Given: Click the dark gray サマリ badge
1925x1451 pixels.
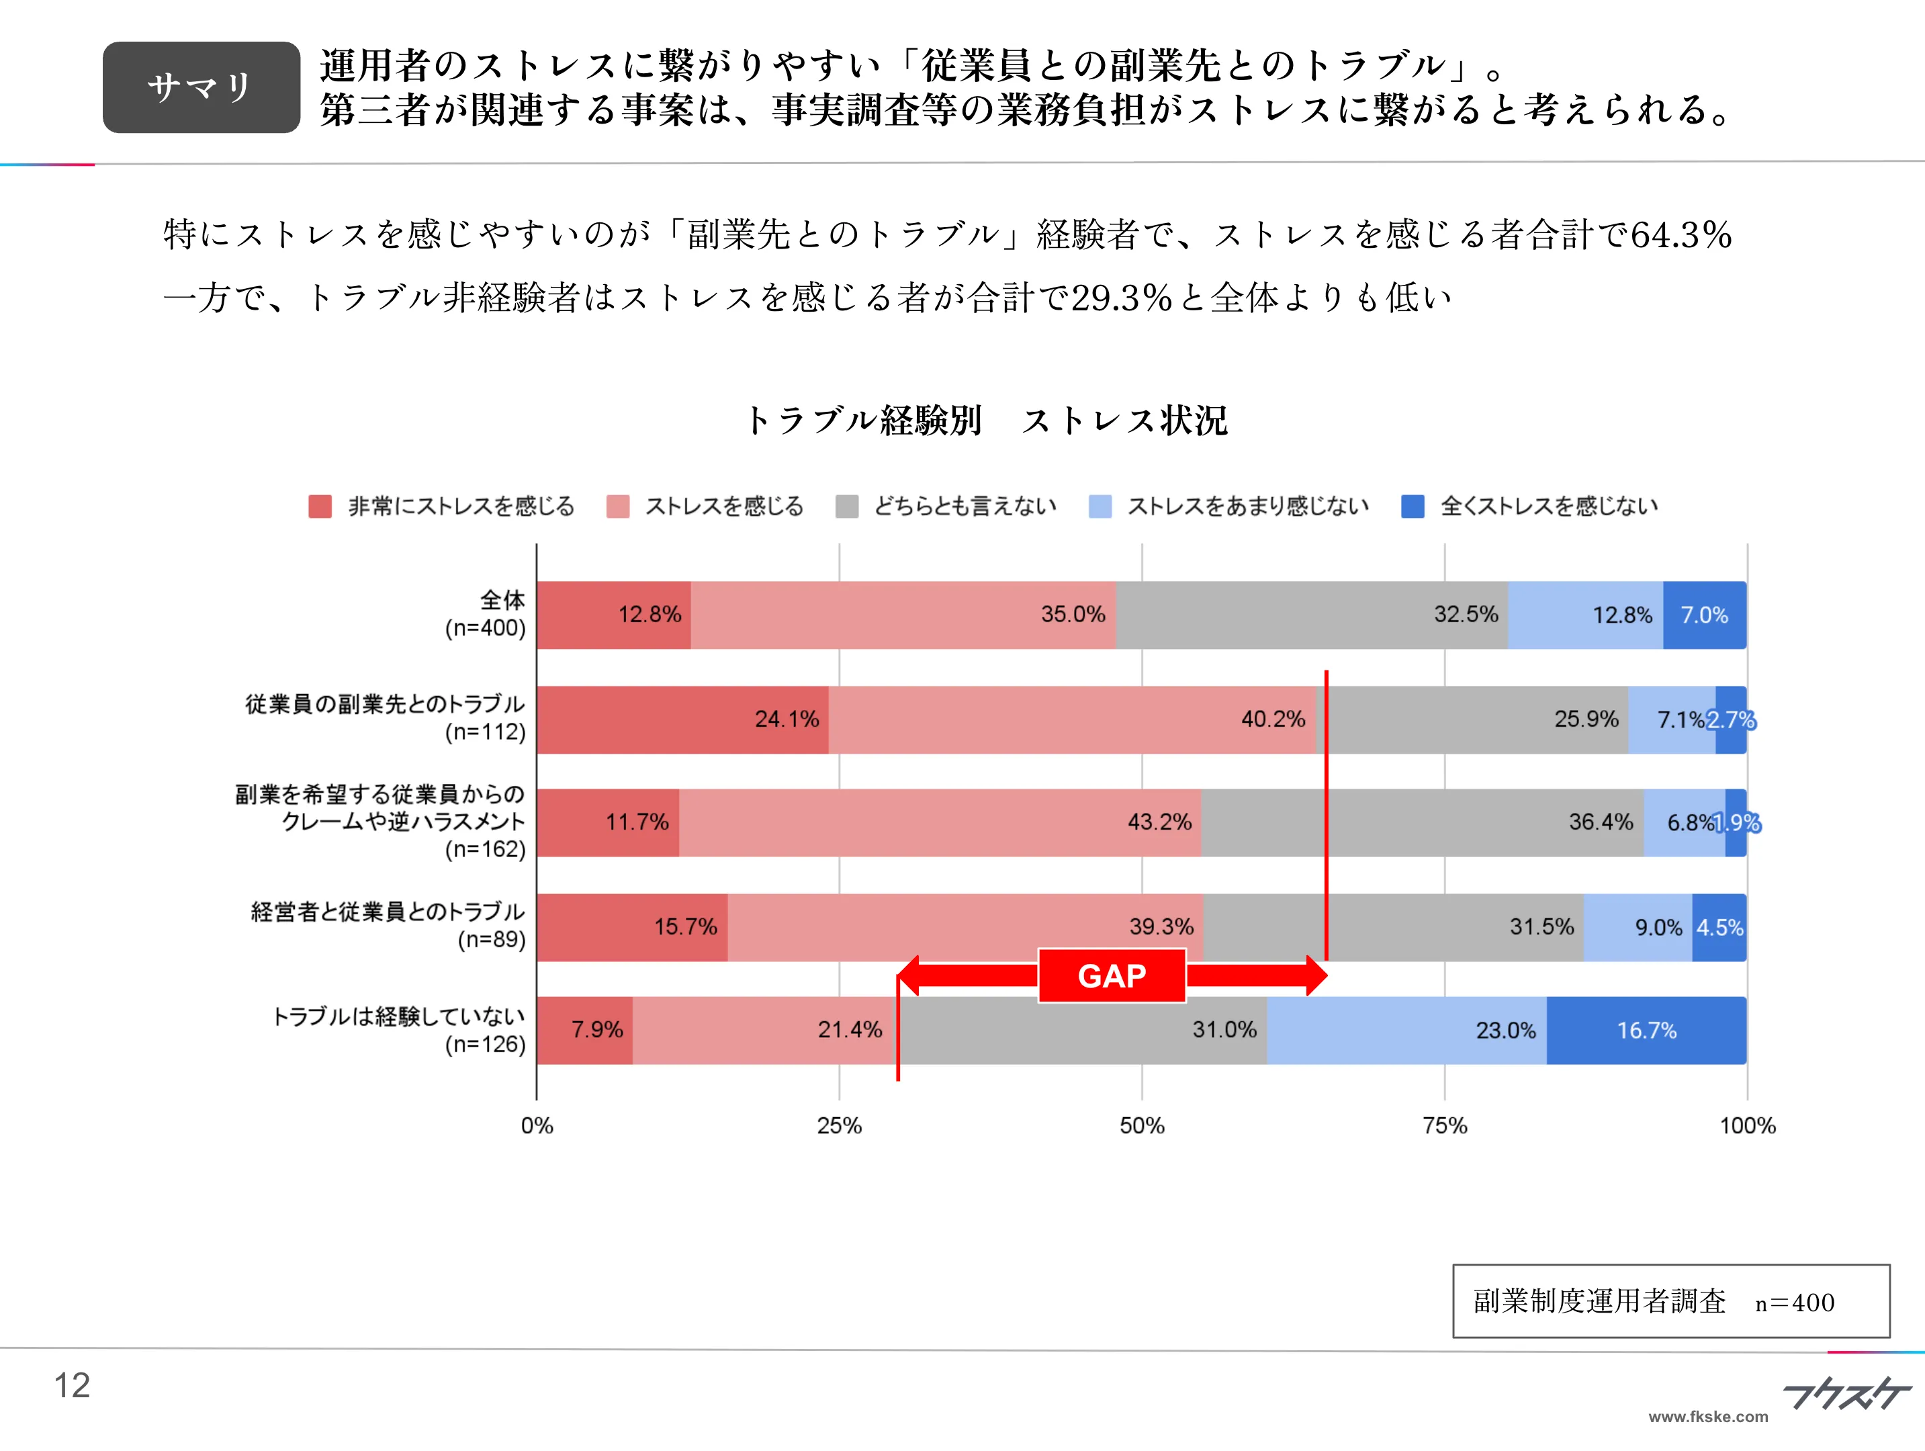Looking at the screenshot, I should tap(201, 87).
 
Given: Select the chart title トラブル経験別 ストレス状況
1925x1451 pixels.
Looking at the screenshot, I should tap(986, 421).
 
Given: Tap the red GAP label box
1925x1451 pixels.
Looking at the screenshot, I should tap(1112, 976).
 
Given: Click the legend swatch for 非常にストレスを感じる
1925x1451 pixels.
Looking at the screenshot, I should tap(320, 507).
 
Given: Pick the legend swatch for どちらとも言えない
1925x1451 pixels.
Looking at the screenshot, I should tap(846, 507).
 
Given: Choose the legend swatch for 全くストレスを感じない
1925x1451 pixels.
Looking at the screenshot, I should tap(1413, 507).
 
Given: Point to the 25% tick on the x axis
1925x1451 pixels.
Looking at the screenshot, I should tap(839, 1125).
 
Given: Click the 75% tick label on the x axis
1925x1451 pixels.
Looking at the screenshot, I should tap(1445, 1125).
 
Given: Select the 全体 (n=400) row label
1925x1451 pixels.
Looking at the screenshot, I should tap(486, 613).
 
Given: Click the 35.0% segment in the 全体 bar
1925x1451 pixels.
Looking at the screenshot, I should tap(903, 615).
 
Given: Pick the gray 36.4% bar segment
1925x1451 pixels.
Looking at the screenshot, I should tap(1422, 822).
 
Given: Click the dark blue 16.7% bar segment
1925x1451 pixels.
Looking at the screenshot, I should tap(1646, 1030).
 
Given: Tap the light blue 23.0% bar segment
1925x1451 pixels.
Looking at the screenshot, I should tap(1406, 1030).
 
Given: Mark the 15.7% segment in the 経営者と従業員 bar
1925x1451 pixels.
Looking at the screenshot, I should tap(632, 927).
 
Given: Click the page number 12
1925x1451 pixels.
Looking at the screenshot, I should tap(73, 1385).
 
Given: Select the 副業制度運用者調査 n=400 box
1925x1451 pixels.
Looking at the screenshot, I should tap(1671, 1301).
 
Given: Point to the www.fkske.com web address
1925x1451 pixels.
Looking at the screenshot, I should tap(1707, 1416).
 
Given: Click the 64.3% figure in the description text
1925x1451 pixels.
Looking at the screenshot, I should tap(1681, 235).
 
